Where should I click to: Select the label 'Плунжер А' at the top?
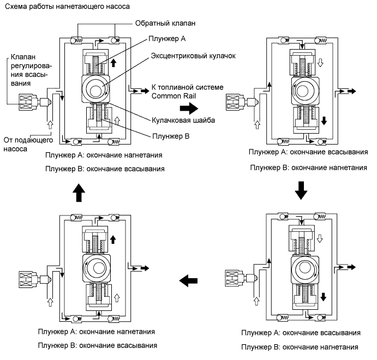pyautogui.click(x=164, y=38)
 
